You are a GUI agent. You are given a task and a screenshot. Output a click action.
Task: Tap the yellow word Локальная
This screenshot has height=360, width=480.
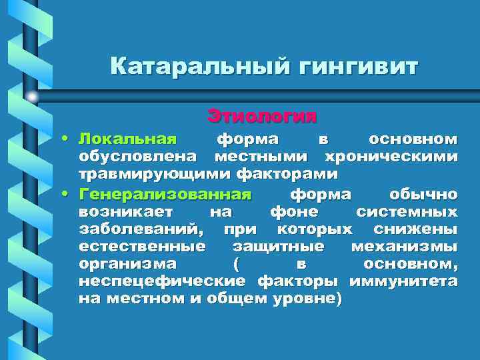point(127,139)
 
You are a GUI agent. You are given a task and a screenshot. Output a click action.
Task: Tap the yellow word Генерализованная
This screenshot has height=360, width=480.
point(165,195)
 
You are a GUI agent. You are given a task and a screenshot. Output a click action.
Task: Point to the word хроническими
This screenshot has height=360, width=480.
point(391,157)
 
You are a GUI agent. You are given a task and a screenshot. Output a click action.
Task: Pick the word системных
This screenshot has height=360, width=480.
point(407,212)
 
